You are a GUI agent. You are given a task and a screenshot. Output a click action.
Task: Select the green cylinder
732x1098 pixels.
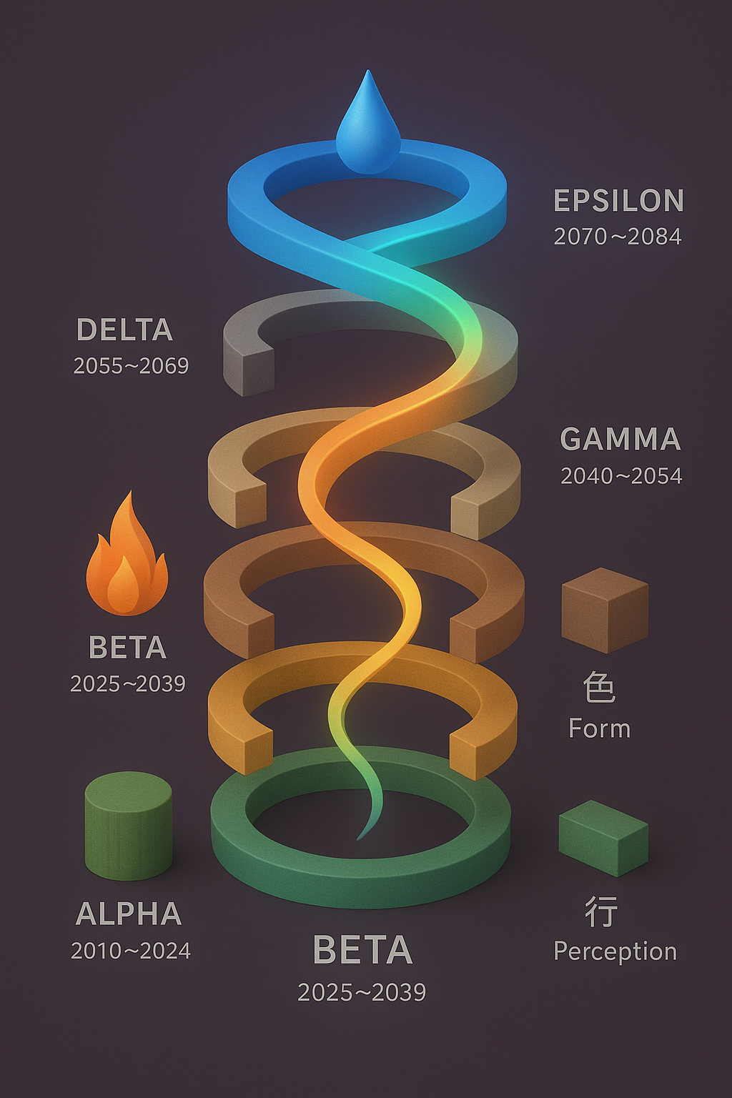tap(128, 825)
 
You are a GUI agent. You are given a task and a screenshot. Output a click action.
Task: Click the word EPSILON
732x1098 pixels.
tap(618, 201)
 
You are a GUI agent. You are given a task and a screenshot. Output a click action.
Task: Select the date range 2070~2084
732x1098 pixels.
tap(618, 237)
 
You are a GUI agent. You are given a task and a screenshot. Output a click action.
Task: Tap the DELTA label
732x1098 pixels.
tap(124, 330)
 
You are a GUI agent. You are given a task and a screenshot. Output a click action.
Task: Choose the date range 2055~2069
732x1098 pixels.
tap(131, 366)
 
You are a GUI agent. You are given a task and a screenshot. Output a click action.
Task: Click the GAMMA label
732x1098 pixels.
tap(620, 439)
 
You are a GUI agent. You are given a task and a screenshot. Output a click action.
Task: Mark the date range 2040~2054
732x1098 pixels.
tap(620, 476)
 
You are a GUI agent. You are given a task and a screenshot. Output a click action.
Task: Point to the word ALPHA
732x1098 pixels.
tap(129, 914)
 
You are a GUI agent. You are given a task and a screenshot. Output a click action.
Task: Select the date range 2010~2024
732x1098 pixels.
tap(130, 951)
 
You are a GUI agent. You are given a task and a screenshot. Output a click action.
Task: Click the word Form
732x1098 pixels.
tap(599, 729)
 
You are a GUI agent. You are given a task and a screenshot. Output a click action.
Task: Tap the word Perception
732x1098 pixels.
tap(615, 951)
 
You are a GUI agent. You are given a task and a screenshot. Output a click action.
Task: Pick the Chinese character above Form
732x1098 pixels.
tap(599, 688)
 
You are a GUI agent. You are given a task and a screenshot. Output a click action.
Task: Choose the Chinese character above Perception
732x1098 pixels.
tap(600, 912)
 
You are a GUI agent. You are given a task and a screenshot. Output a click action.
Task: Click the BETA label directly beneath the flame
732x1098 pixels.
tap(127, 648)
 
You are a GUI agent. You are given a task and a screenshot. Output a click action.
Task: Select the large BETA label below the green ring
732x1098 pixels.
tap(362, 951)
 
